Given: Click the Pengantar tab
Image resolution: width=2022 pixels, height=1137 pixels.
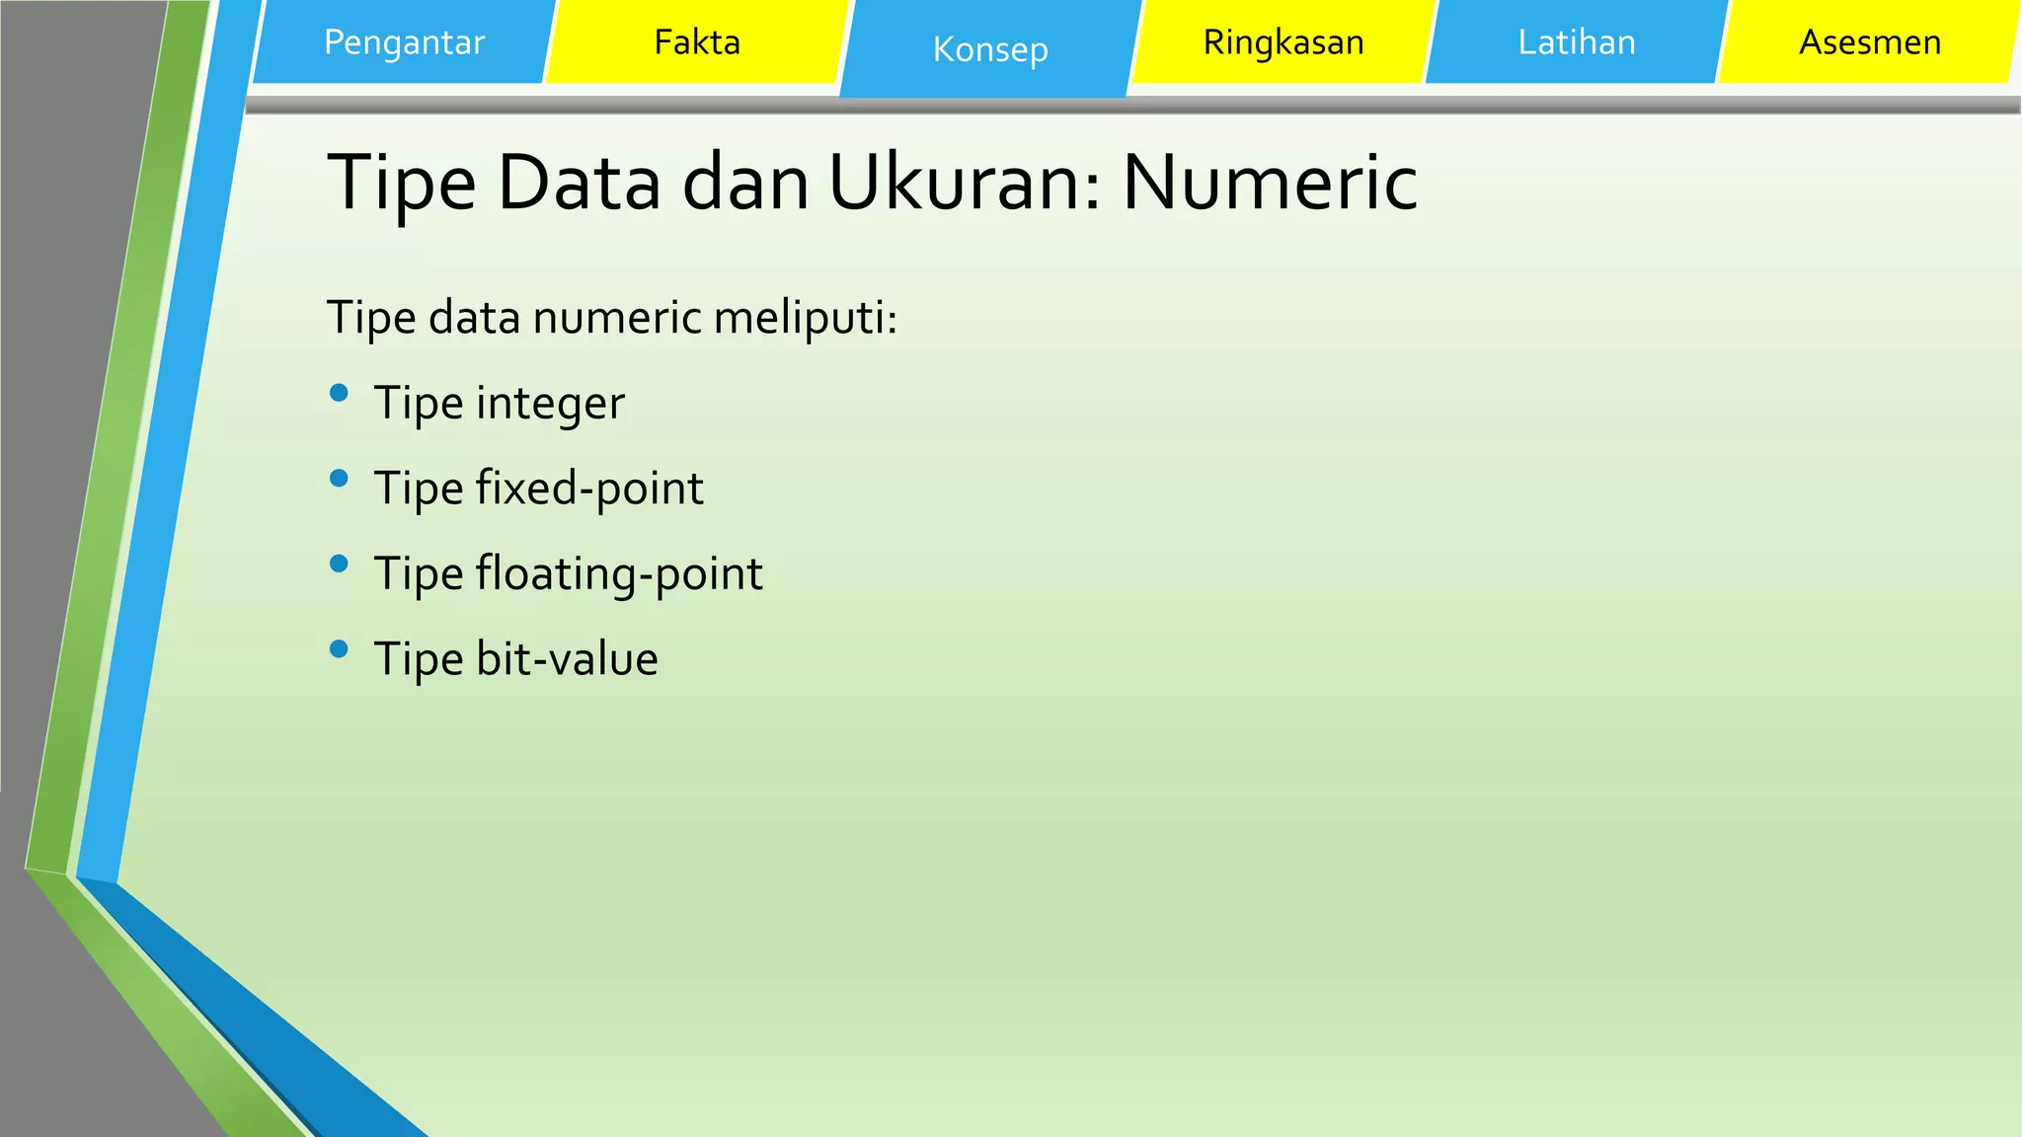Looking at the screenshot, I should point(404,42).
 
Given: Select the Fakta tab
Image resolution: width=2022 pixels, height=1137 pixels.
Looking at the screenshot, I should point(696,42).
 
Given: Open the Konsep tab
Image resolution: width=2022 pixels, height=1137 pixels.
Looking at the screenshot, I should point(989,49).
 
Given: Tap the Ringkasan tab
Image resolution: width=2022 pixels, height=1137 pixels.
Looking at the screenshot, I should point(1283,42).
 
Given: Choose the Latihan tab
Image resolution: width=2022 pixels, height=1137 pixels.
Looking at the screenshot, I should point(1576,42).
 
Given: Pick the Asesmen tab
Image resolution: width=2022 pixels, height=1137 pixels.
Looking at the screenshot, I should point(1869,42).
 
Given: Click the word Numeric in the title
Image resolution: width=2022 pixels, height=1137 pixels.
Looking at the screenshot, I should point(1270,184).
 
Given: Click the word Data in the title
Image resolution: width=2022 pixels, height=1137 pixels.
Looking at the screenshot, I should point(579,184).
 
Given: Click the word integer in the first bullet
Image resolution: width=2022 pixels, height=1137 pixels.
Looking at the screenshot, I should point(550,404).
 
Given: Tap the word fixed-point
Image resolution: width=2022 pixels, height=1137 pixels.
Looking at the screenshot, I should point(589,489).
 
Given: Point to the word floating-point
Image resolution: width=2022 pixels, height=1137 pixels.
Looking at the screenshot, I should point(619,574).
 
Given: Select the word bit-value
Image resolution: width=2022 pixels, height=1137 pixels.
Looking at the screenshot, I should point(567,659).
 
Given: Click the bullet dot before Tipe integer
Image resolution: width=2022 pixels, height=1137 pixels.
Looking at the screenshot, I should point(339,393).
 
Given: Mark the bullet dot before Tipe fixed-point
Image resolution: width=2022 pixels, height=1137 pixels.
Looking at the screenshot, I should point(339,479).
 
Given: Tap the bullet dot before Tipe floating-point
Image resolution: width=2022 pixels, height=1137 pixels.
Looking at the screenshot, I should point(339,564).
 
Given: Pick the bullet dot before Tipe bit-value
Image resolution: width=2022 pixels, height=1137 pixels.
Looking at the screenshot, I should point(339,649).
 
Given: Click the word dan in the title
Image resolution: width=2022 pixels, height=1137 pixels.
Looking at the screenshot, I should point(745,184).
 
